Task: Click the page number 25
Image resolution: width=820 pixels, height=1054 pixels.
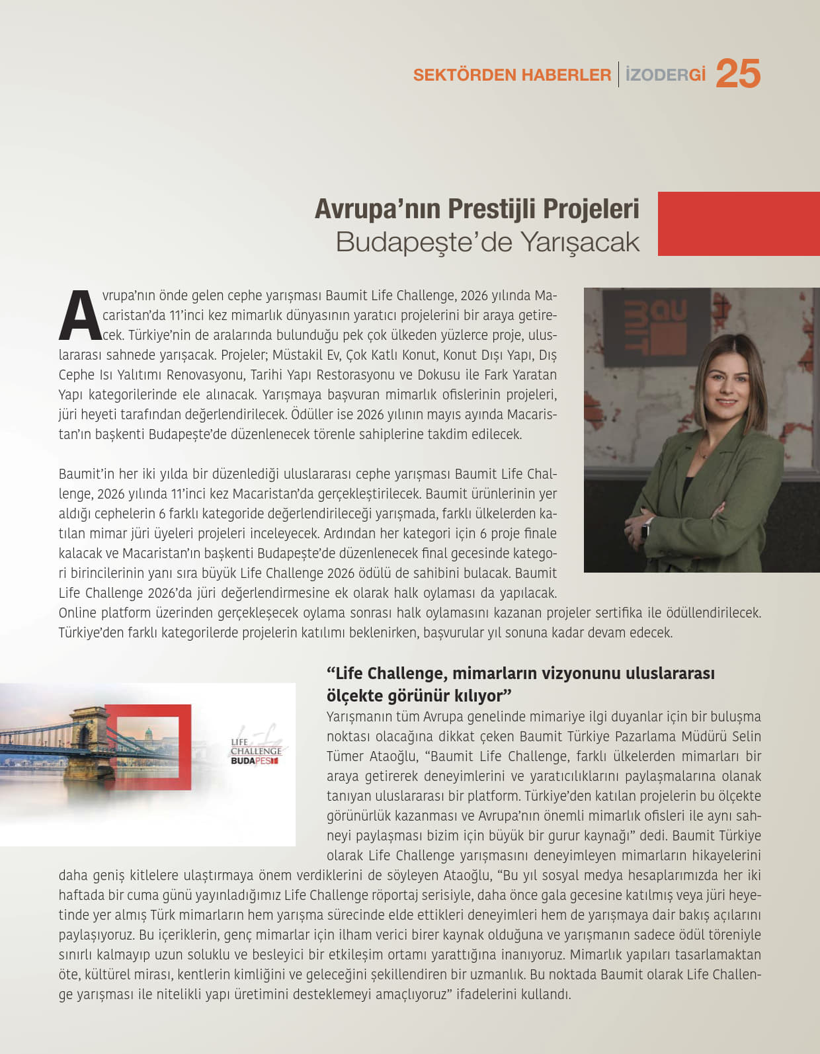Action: pos(738,73)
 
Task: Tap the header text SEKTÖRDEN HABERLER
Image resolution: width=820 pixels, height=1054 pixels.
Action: pos(512,75)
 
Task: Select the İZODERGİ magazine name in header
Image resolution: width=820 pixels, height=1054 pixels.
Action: pos(665,75)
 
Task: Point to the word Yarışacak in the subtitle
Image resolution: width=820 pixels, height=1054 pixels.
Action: pos(580,242)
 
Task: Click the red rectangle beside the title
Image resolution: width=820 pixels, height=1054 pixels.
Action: pos(738,223)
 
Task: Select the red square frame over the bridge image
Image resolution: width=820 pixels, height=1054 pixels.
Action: pos(148,747)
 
